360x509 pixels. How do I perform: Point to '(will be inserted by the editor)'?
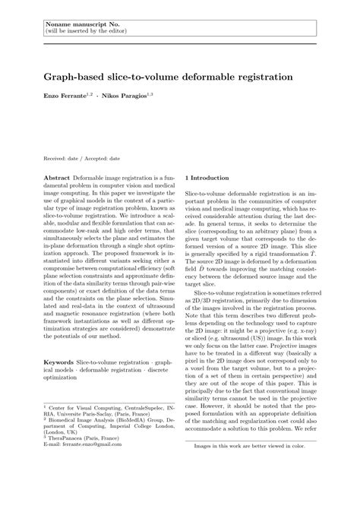pos(84,33)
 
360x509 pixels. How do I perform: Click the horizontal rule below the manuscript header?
pos(180,43)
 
